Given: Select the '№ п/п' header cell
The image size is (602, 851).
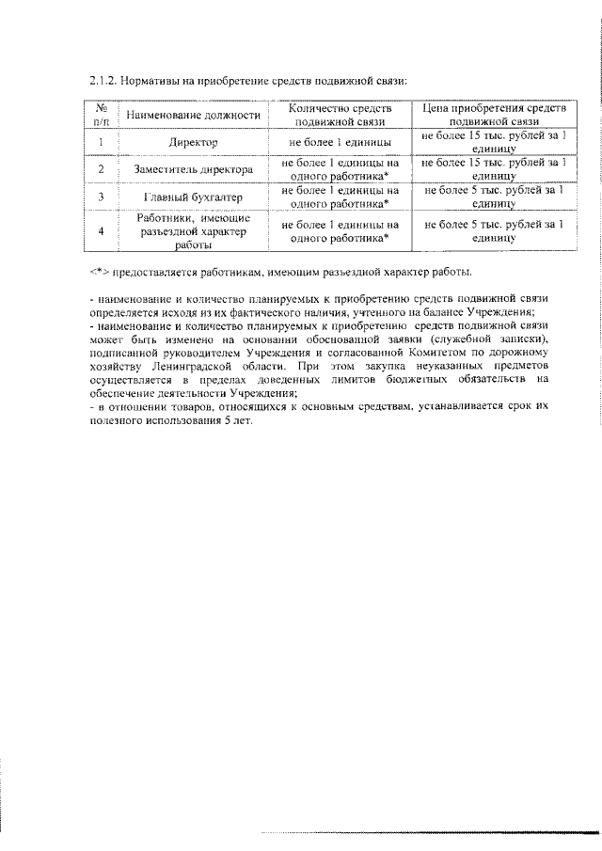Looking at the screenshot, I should point(101,116).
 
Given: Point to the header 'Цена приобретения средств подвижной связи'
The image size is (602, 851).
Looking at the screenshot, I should point(494,116).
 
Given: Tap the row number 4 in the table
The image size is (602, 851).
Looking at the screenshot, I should point(101,231).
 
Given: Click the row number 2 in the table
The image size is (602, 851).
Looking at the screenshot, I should point(101,170).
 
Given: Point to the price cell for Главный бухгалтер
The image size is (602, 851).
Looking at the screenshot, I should point(494,197).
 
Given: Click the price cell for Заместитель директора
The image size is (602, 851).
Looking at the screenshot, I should point(494,170).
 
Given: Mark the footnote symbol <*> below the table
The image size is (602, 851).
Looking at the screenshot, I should point(97,273).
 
